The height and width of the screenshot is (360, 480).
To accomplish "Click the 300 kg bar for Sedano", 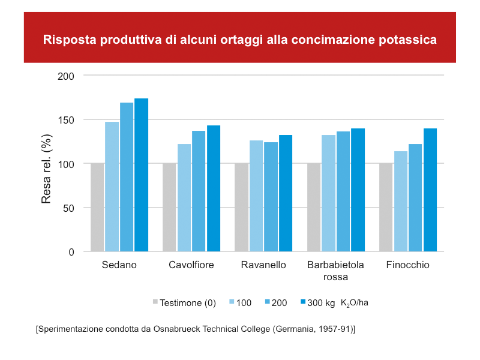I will (141, 175).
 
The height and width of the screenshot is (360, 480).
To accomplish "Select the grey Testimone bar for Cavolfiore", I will (169, 208).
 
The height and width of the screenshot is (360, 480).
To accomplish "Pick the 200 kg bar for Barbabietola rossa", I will (343, 191).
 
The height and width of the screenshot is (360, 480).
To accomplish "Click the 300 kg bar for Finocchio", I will (430, 190).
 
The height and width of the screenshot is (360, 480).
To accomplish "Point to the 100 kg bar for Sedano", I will (112, 187).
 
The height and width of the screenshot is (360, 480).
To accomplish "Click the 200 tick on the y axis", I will (67, 76).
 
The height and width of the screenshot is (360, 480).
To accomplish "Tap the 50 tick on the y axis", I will (69, 208).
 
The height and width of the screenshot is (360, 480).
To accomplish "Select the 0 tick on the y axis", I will (71, 252).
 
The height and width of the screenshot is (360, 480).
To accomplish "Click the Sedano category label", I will (119, 265).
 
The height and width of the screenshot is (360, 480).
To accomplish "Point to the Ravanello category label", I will (263, 265).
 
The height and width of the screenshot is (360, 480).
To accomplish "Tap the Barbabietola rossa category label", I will (336, 271).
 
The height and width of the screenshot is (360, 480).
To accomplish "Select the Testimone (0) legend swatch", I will (155, 302).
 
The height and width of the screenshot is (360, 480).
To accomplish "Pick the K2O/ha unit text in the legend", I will (355, 302).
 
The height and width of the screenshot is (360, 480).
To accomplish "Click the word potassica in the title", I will (408, 40).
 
